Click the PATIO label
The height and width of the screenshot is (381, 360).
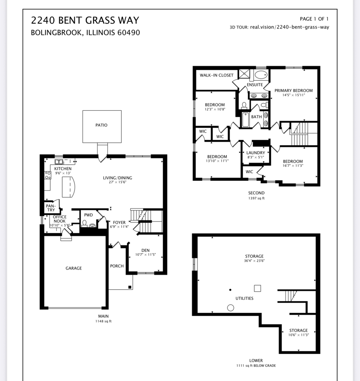point(101,125)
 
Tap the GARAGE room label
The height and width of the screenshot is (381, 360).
point(73,268)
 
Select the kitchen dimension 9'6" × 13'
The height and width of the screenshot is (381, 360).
point(63,174)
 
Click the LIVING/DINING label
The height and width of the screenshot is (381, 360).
point(118,178)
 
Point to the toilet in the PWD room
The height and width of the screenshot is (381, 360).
point(84,224)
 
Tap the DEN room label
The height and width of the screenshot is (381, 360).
point(145,250)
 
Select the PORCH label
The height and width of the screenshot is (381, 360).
point(117,266)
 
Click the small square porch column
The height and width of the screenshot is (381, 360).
point(130,287)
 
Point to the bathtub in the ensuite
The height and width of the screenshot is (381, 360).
point(261,75)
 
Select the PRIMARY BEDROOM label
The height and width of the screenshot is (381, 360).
point(293,91)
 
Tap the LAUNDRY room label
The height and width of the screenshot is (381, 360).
point(256,153)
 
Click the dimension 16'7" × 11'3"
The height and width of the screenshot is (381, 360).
point(293,166)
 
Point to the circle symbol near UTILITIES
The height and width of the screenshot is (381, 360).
point(230,308)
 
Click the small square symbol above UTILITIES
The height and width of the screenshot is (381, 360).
point(257,288)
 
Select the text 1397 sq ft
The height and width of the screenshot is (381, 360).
point(256,199)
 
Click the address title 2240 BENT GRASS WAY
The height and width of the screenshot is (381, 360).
point(85,20)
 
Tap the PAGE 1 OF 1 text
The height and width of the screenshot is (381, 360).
point(314,19)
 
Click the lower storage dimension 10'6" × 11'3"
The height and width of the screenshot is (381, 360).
point(298,335)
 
